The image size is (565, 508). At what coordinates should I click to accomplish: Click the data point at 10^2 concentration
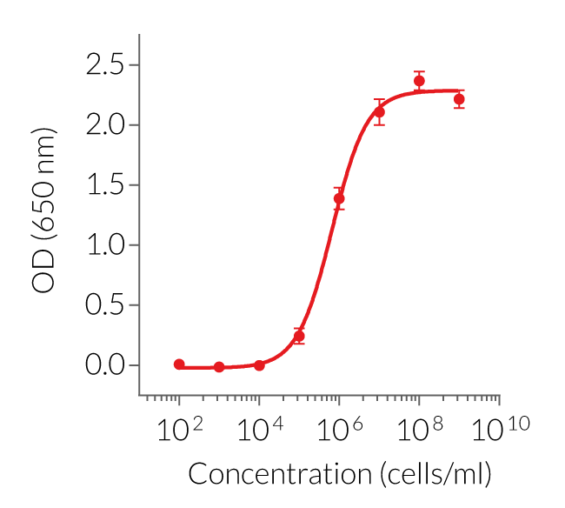click(179, 364)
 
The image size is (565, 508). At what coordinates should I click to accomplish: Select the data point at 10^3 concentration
click(219, 367)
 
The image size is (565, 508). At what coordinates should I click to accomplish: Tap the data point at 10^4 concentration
click(259, 365)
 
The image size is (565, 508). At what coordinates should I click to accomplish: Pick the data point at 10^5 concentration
click(299, 336)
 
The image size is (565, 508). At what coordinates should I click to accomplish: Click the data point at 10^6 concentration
click(339, 199)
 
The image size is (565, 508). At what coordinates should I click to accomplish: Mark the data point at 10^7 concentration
click(379, 112)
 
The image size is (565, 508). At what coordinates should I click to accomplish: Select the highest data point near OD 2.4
click(419, 81)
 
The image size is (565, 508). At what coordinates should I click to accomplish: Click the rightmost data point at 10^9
click(459, 99)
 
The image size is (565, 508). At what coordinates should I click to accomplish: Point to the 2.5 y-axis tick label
click(105, 65)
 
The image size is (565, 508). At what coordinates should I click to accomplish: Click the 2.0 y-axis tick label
click(105, 125)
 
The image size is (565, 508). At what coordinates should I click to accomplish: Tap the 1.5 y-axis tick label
click(105, 185)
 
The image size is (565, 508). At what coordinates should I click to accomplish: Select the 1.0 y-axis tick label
click(105, 245)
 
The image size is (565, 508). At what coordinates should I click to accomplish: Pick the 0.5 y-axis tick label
click(105, 305)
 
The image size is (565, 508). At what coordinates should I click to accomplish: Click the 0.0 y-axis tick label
click(105, 365)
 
